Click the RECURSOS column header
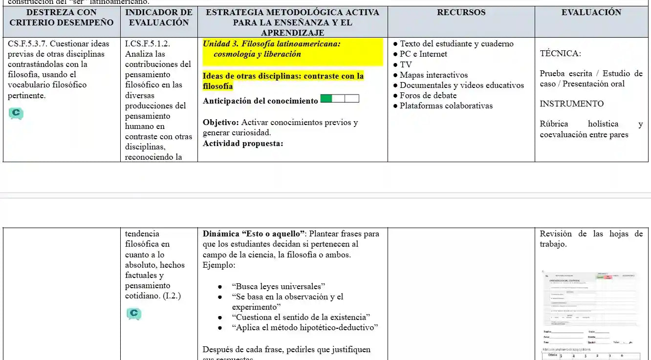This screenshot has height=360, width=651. [461, 13]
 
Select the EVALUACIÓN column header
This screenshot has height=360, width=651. [591, 13]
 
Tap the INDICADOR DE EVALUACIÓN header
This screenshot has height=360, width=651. [159, 17]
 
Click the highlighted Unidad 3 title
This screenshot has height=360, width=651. [271, 49]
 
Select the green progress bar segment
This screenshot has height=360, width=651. [326, 99]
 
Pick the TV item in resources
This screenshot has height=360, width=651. [406, 65]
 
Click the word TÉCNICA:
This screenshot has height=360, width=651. [560, 54]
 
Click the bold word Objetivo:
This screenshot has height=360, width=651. [221, 123]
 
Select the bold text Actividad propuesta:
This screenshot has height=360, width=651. [243, 144]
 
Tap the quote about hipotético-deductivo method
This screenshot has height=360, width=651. [305, 328]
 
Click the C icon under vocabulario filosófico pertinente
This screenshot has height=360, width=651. [16, 114]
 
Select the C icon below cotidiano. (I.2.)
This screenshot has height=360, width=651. [133, 314]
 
